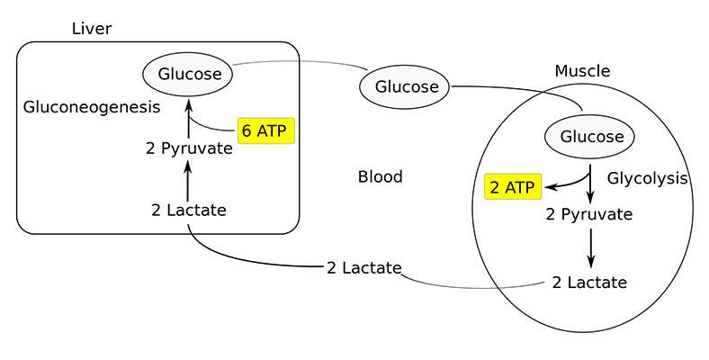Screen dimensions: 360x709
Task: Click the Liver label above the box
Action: click(x=92, y=30)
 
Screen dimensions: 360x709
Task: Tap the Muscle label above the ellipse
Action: click(x=582, y=71)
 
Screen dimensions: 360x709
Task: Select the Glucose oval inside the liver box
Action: click(x=189, y=74)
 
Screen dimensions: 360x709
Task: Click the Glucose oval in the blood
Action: click(x=406, y=87)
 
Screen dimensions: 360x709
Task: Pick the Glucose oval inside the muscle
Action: click(x=591, y=137)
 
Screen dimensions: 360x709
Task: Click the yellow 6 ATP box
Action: click(x=266, y=130)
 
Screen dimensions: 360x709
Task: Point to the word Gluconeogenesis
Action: click(x=91, y=107)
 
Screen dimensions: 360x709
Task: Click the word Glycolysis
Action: click(x=646, y=178)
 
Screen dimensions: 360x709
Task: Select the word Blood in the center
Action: click(x=380, y=176)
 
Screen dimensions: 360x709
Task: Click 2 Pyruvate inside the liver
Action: click(x=189, y=148)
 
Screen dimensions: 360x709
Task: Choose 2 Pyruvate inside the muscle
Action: click(x=589, y=214)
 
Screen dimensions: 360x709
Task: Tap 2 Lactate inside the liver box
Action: click(x=189, y=211)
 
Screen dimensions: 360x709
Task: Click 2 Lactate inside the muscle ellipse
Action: click(x=589, y=282)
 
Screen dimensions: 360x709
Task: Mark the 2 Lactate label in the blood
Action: click(x=363, y=268)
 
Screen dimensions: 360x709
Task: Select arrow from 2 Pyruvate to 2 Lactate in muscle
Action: click(x=590, y=247)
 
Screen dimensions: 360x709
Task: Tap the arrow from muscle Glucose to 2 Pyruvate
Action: click(x=590, y=184)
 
